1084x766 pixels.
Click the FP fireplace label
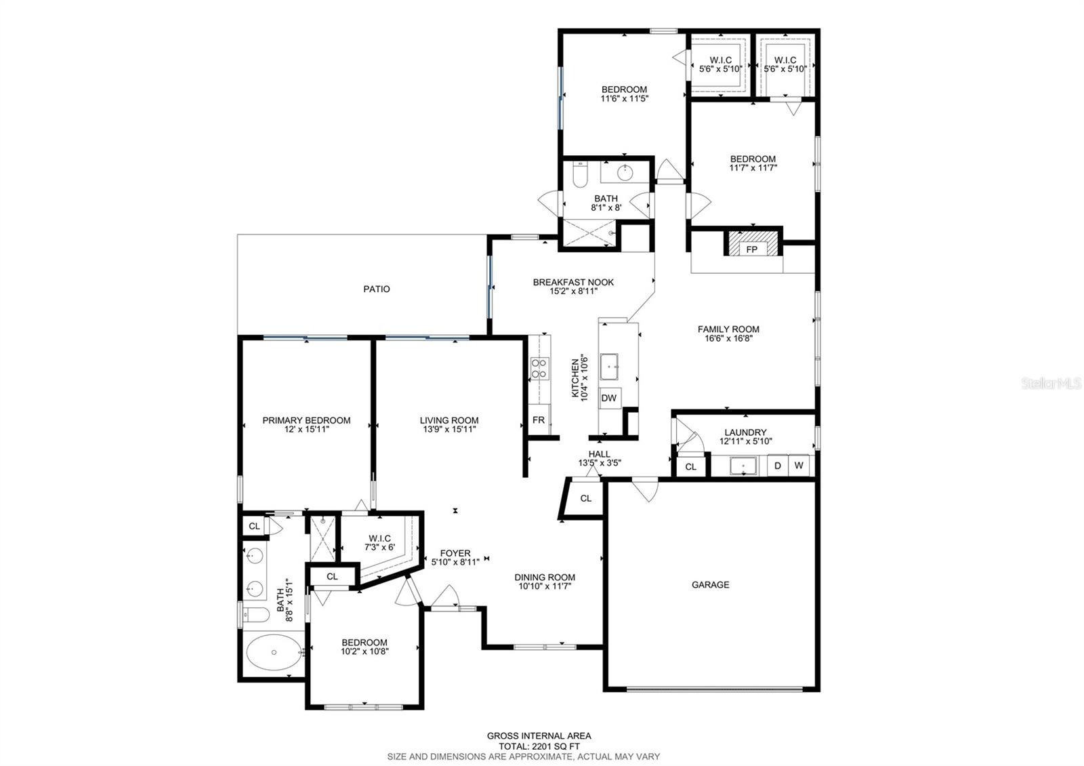tap(751, 249)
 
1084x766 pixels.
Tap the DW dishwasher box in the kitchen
tap(609, 398)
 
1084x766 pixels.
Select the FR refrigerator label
tap(539, 420)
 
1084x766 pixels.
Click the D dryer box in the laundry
tap(778, 466)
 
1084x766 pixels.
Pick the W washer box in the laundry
tap(799, 466)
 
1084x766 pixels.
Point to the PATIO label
tap(377, 289)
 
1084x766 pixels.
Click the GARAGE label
tap(711, 585)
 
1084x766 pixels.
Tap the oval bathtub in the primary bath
tap(274, 652)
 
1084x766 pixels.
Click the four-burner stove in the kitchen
tap(539, 368)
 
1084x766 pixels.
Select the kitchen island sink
tap(609, 367)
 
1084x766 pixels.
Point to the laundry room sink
tap(743, 466)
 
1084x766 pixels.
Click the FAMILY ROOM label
tap(728, 329)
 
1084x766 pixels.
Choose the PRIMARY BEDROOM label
tap(306, 420)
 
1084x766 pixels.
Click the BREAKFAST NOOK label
tap(573, 282)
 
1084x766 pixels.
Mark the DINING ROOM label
tap(545, 577)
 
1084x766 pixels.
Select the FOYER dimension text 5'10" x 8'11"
tap(455, 562)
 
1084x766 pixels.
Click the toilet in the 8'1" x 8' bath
tap(580, 174)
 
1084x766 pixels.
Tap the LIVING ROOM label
tap(449, 420)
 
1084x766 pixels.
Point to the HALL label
tap(599, 454)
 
